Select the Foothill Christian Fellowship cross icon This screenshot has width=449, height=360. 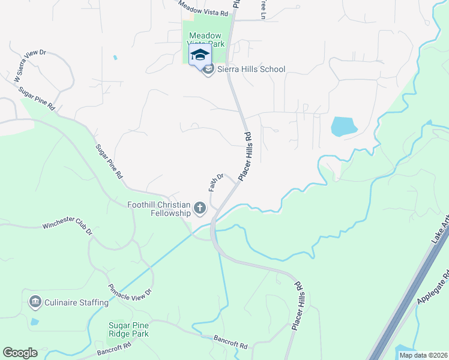click(199, 209)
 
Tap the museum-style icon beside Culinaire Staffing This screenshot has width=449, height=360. click(35, 301)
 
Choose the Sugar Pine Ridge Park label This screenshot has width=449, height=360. click(128, 329)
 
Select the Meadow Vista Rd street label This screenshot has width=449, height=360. click(204, 8)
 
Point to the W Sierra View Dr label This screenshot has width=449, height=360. click(30, 65)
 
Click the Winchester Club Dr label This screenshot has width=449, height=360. click(67, 228)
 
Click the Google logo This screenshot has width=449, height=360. click(20, 353)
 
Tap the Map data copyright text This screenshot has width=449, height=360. click(423, 355)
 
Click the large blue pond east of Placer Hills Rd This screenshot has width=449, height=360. click(344, 127)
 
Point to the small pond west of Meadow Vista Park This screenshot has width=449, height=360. click(114, 58)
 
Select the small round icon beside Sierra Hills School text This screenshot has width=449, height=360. click(208, 70)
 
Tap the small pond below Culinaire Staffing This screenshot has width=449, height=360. click(34, 322)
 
